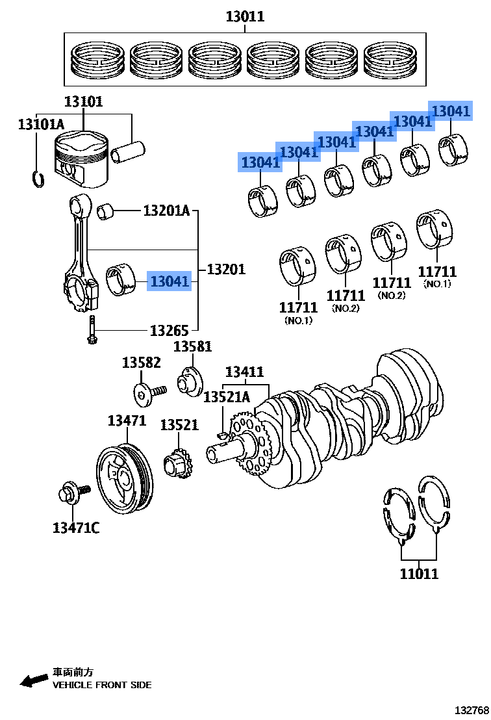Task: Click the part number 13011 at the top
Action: click(x=245, y=16)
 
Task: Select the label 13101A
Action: click(x=41, y=123)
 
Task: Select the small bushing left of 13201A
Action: click(x=106, y=211)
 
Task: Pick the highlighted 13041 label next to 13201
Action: click(x=170, y=282)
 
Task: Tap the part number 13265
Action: click(x=170, y=331)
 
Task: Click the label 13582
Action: click(x=141, y=363)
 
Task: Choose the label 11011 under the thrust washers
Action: click(x=419, y=573)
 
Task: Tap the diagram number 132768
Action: click(x=471, y=710)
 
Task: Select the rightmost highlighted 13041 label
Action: click(x=451, y=111)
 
